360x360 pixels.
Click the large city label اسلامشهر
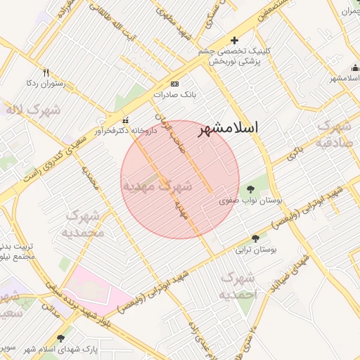[228, 129]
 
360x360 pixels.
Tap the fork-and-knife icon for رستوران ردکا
[46, 72]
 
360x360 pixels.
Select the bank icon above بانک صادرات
[174, 83]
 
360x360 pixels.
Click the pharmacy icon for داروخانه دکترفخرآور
[126, 119]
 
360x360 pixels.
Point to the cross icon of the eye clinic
[235, 40]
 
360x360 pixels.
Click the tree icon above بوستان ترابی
[255, 238]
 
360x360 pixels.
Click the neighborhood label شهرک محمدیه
[84, 223]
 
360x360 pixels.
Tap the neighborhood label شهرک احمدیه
[239, 285]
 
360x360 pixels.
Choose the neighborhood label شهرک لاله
[33, 110]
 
